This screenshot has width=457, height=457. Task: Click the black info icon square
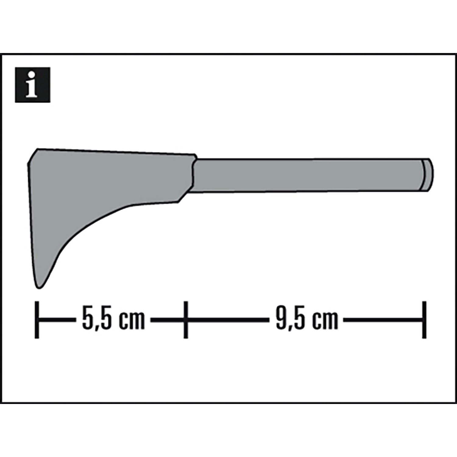click(x=33, y=85)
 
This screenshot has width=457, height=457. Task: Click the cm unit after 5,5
click(x=132, y=320)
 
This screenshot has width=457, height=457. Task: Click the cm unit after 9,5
click(x=326, y=320)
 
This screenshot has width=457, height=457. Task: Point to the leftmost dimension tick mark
click(x=37, y=320)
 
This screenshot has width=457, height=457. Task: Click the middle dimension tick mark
click(x=186, y=320)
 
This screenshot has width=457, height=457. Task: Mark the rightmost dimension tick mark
click(x=424, y=320)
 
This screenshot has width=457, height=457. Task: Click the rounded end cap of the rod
click(x=428, y=175)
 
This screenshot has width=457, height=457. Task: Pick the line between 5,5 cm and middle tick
click(x=168, y=320)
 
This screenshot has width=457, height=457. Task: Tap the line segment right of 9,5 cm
click(x=382, y=320)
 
